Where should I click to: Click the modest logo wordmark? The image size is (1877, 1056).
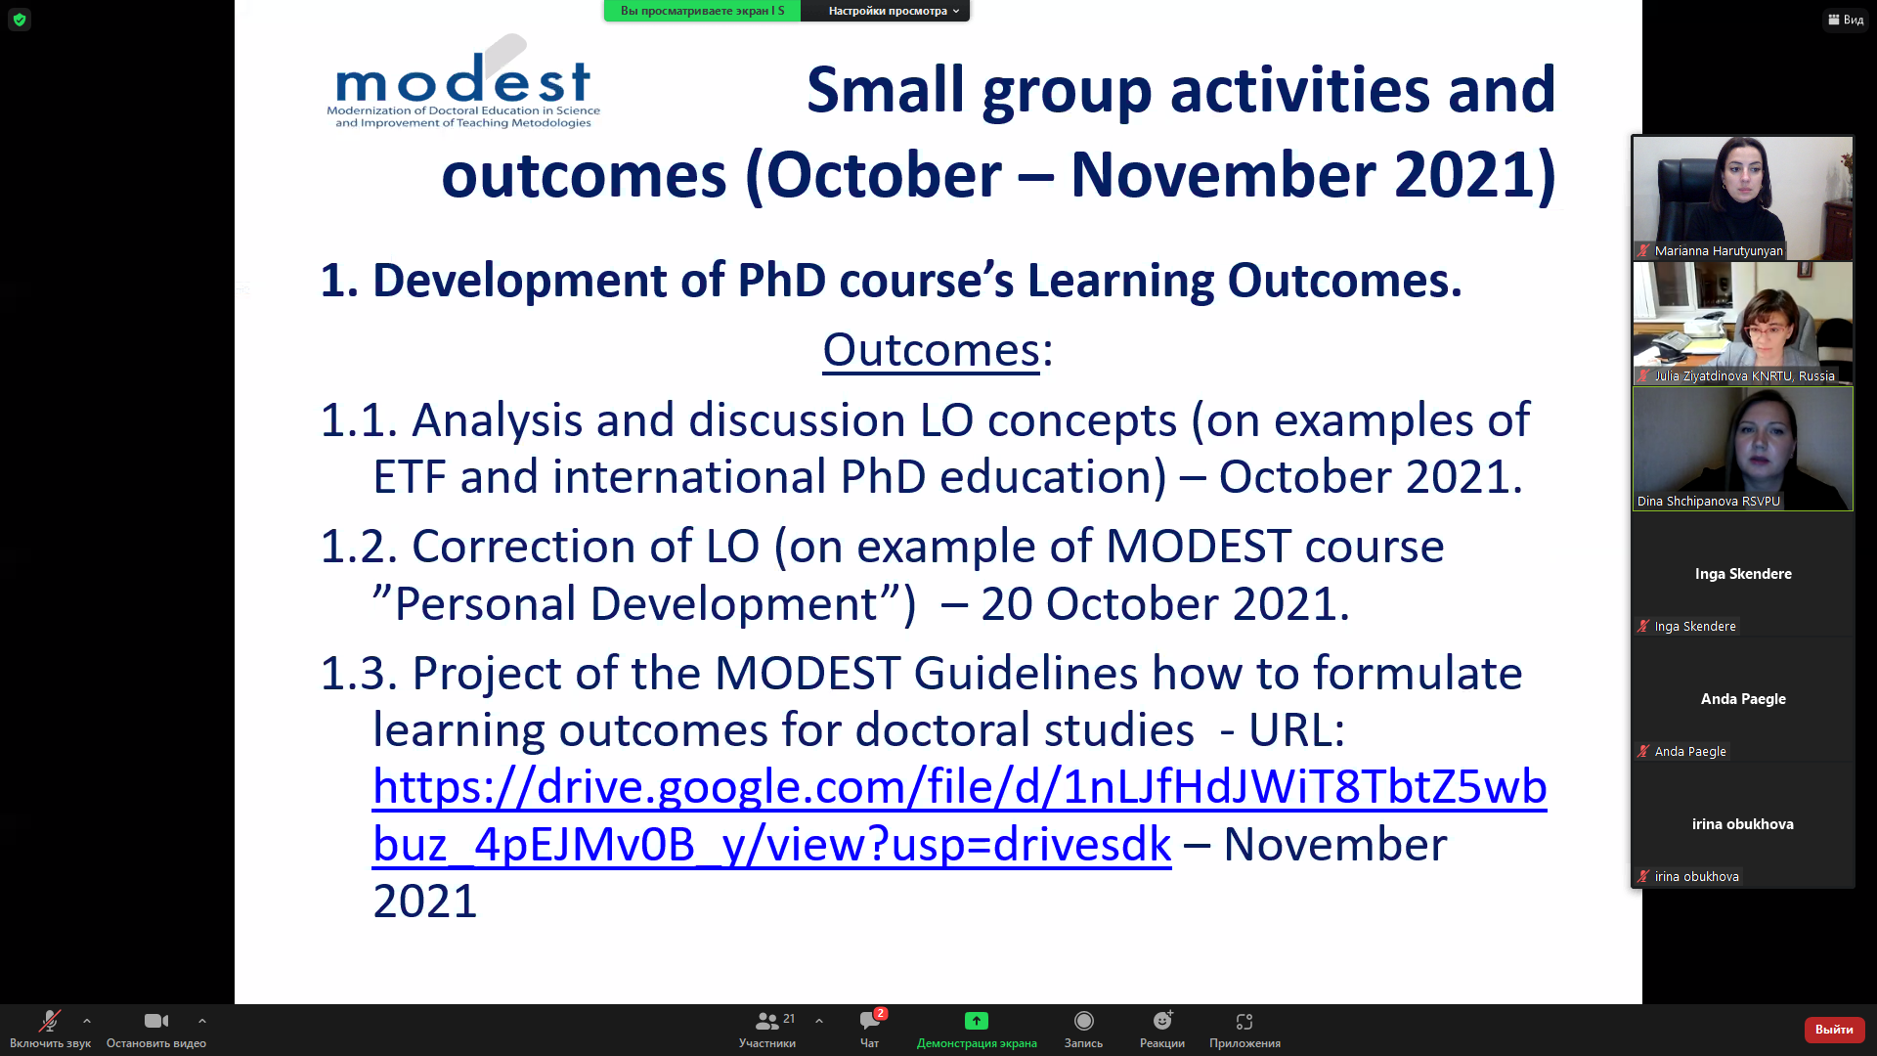click(x=462, y=79)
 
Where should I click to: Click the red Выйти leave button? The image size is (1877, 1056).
click(x=1834, y=1029)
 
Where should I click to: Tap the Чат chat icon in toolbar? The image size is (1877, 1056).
click(x=869, y=1021)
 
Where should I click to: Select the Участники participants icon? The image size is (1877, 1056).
click(x=767, y=1021)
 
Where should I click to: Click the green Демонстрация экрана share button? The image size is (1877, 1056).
click(x=977, y=1021)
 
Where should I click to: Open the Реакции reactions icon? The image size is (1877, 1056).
click(x=1162, y=1021)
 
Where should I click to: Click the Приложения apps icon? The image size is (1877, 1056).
click(x=1244, y=1021)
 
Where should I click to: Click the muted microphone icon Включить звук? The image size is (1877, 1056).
click(x=49, y=1021)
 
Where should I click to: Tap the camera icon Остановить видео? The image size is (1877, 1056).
click(x=156, y=1021)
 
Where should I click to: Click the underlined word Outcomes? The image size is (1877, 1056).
click(x=931, y=349)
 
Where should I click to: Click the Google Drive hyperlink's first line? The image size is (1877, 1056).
click(x=959, y=786)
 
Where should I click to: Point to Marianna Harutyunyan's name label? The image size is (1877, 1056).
click(x=1718, y=250)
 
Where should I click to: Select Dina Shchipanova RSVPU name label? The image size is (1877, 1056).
click(x=1708, y=501)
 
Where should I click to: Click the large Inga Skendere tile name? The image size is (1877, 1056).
click(x=1743, y=574)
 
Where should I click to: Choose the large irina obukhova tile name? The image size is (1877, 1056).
click(x=1743, y=824)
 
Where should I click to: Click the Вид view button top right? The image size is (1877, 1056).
click(x=1846, y=20)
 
